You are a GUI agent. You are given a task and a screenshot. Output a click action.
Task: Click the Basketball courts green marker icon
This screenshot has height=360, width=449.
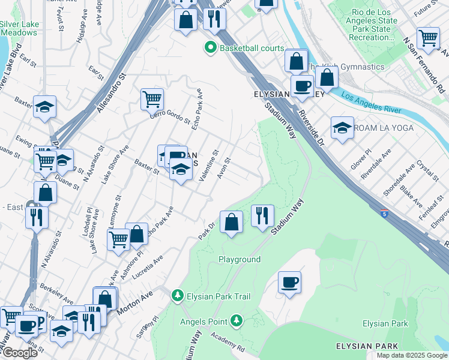click(x=211, y=48)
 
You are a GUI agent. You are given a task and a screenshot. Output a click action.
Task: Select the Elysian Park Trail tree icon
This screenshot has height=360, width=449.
click(x=177, y=296)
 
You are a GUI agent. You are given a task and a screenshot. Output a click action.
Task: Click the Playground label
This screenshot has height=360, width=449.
click(x=240, y=259)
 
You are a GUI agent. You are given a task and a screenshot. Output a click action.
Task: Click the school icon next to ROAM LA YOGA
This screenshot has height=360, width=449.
click(x=342, y=127)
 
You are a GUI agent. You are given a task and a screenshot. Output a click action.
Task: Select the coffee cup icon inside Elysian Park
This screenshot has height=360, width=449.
click(x=289, y=282)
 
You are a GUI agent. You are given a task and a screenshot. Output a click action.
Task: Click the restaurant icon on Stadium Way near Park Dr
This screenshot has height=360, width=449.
click(x=262, y=215)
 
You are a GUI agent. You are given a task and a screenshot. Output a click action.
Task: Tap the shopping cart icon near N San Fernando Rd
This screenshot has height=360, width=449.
click(x=428, y=38)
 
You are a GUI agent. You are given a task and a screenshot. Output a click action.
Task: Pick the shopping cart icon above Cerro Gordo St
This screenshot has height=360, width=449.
click(x=152, y=98)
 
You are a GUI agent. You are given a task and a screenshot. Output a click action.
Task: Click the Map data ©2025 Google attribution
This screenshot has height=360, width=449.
click(x=411, y=355)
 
